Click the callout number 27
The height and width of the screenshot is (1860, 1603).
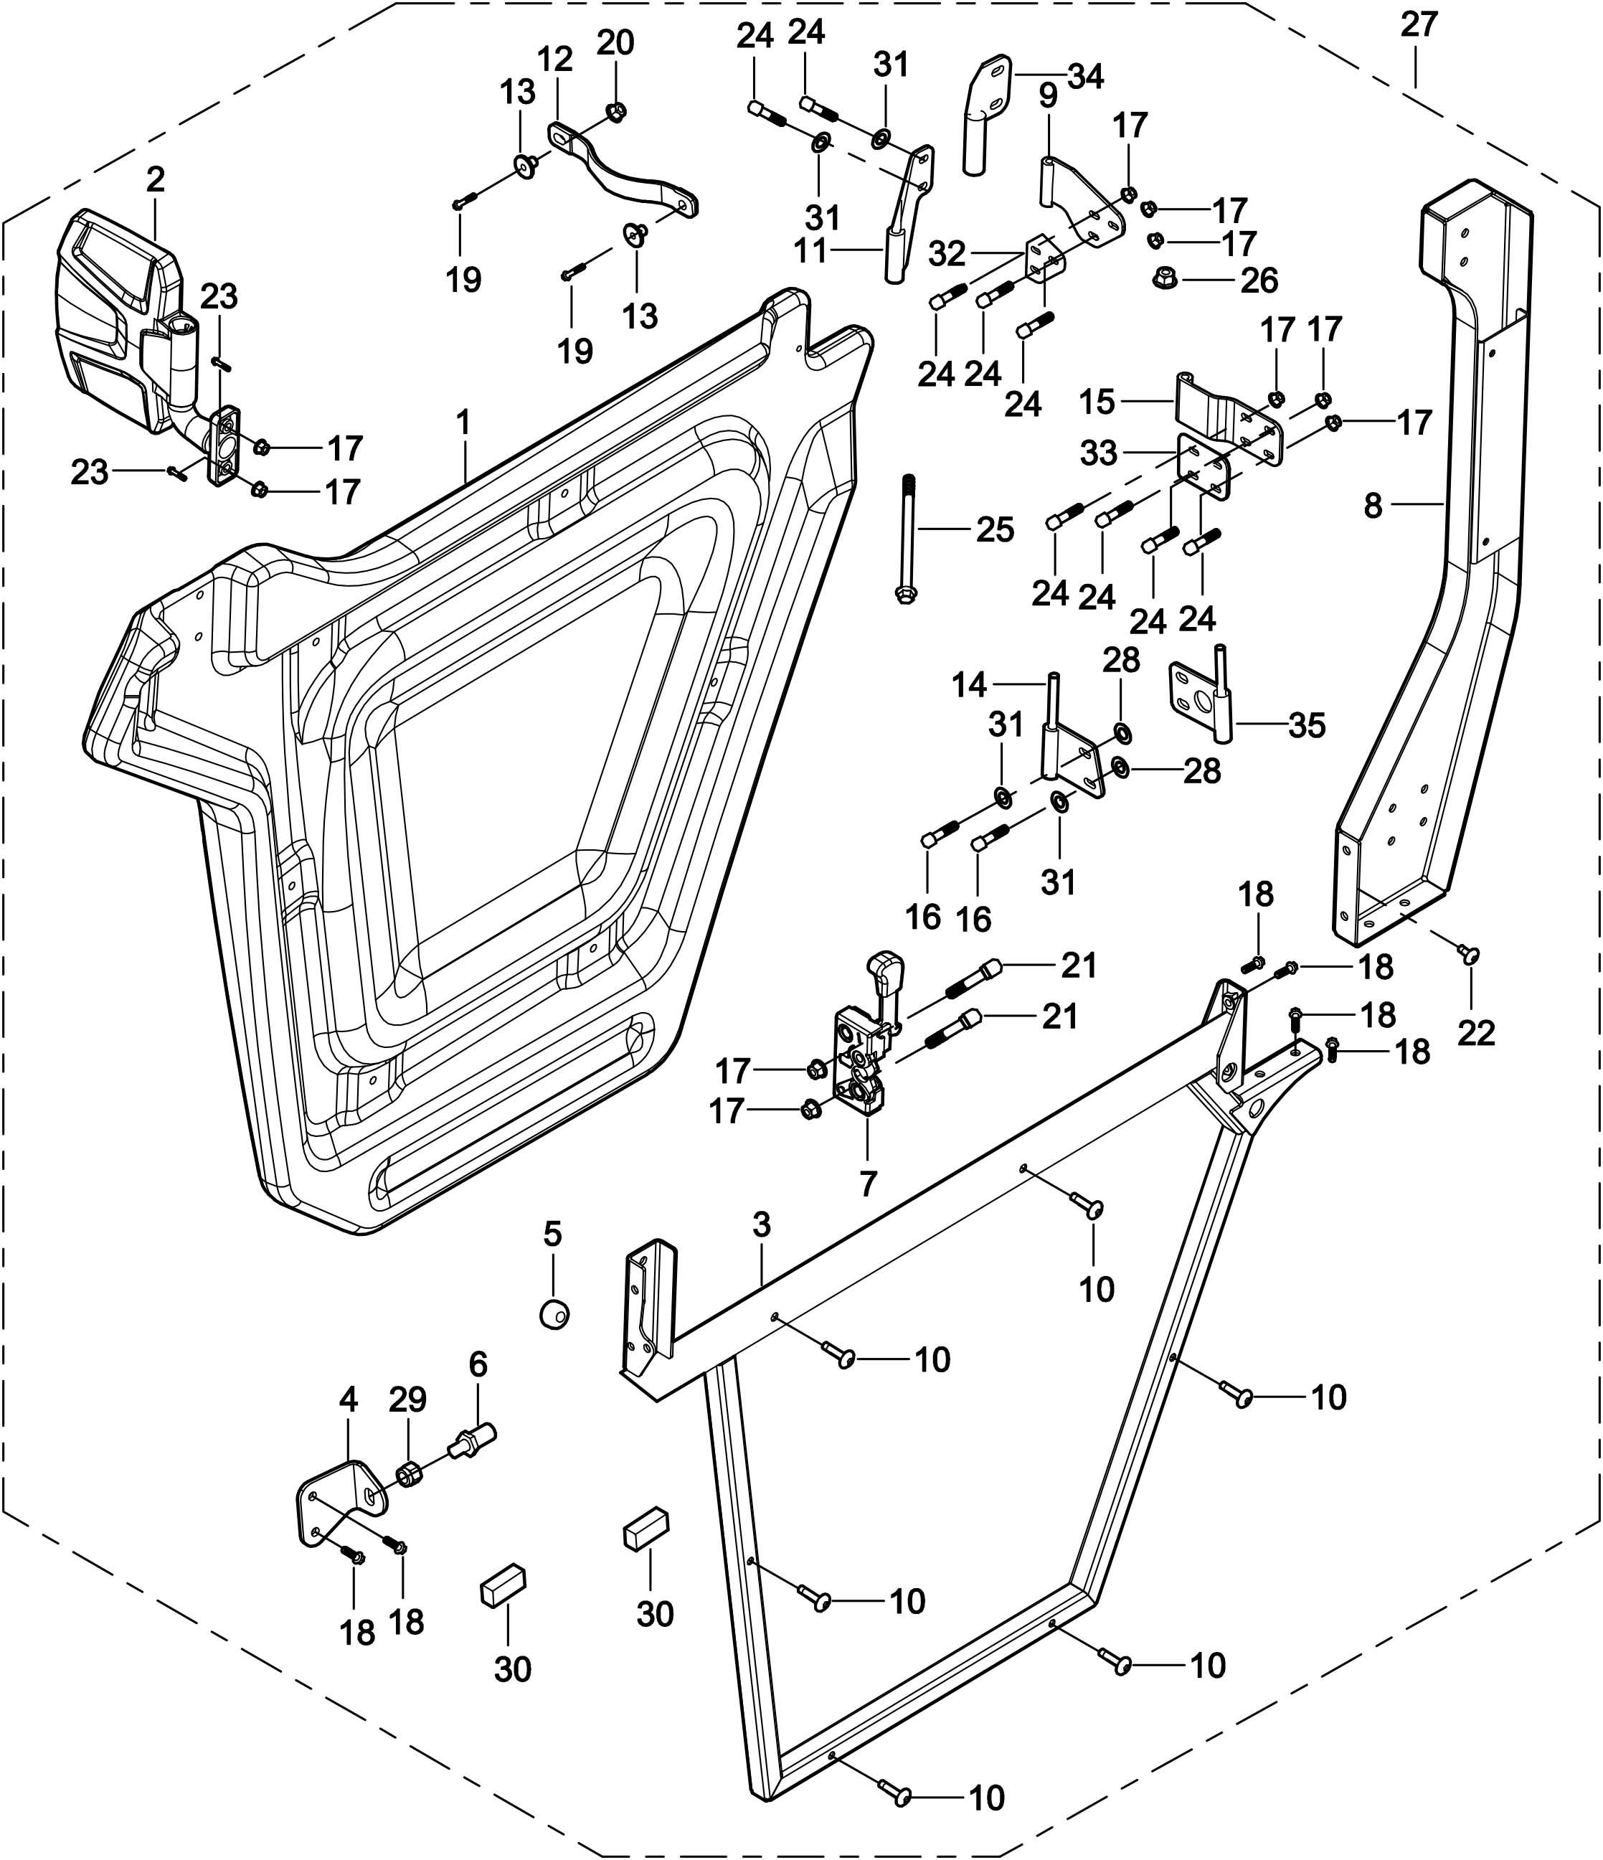pyautogui.click(x=1419, y=24)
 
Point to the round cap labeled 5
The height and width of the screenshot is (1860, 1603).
pyautogui.click(x=554, y=1313)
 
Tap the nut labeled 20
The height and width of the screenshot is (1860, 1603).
pyautogui.click(x=615, y=111)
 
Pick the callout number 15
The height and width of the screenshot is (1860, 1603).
pyautogui.click(x=1097, y=402)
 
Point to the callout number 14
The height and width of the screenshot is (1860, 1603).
pyautogui.click(x=970, y=686)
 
